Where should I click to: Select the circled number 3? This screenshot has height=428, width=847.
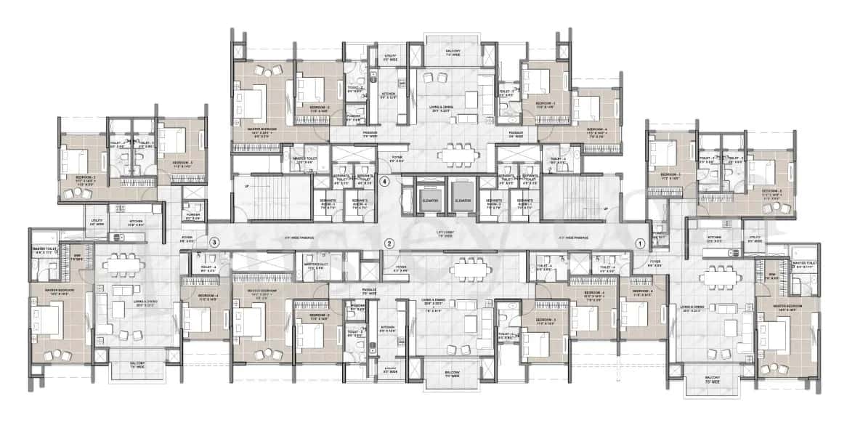pyautogui.click(x=214, y=242)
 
